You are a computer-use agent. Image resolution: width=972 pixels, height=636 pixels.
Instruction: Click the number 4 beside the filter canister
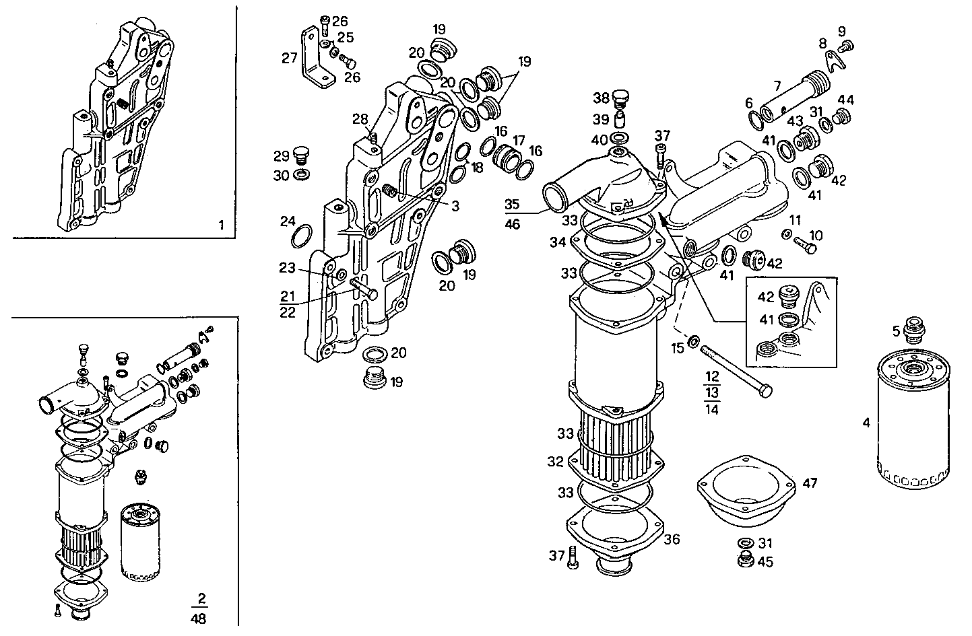pyautogui.click(x=866, y=423)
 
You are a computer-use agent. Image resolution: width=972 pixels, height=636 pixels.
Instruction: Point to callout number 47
pyautogui.click(x=810, y=483)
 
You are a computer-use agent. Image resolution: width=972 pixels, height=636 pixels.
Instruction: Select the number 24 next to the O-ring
pyautogui.click(x=288, y=221)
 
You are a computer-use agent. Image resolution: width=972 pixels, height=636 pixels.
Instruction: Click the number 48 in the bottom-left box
pyautogui.click(x=199, y=617)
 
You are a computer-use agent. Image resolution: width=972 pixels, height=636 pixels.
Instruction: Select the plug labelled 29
pyautogui.click(x=302, y=157)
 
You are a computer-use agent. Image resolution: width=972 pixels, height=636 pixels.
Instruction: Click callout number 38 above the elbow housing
pyautogui.click(x=602, y=98)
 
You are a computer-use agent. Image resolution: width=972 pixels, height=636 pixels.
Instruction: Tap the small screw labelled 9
pyautogui.click(x=848, y=46)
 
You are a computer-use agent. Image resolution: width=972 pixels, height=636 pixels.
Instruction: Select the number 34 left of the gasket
pyautogui.click(x=558, y=242)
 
